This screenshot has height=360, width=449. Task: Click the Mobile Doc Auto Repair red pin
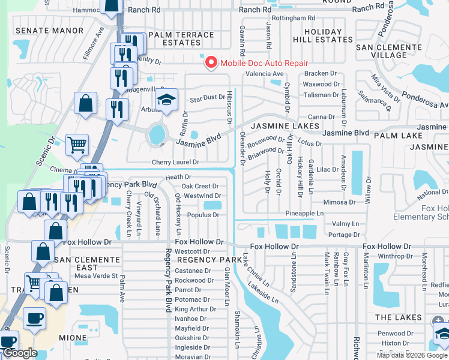click(211, 62)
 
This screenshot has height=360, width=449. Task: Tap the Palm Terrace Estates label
click(181, 39)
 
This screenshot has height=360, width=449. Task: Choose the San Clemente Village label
click(390, 51)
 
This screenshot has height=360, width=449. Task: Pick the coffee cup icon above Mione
click(34, 318)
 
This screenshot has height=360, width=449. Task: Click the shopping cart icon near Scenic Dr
click(77, 144)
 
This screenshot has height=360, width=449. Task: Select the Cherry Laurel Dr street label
click(175, 163)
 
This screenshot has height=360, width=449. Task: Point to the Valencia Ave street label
click(264, 74)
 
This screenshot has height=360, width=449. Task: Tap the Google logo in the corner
click(20, 353)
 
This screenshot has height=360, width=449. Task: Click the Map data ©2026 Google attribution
click(412, 355)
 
